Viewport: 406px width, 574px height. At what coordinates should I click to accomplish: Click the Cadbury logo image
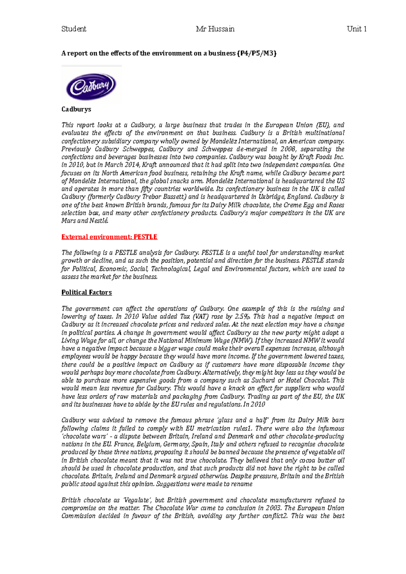click(x=91, y=85)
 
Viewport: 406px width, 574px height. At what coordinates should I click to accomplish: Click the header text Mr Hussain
click(x=215, y=29)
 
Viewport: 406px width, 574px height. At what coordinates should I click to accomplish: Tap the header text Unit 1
click(x=357, y=29)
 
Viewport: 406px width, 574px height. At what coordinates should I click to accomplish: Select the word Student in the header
click(x=74, y=29)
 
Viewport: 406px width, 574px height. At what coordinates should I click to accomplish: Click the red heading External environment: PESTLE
click(x=109, y=237)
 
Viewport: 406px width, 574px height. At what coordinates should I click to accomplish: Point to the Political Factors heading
click(x=87, y=292)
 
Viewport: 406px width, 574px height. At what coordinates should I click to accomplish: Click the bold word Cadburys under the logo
click(x=76, y=110)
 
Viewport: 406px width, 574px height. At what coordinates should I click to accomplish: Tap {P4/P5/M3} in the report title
click(x=257, y=53)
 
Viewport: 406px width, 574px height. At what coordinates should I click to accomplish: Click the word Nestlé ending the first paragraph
click(x=99, y=221)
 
